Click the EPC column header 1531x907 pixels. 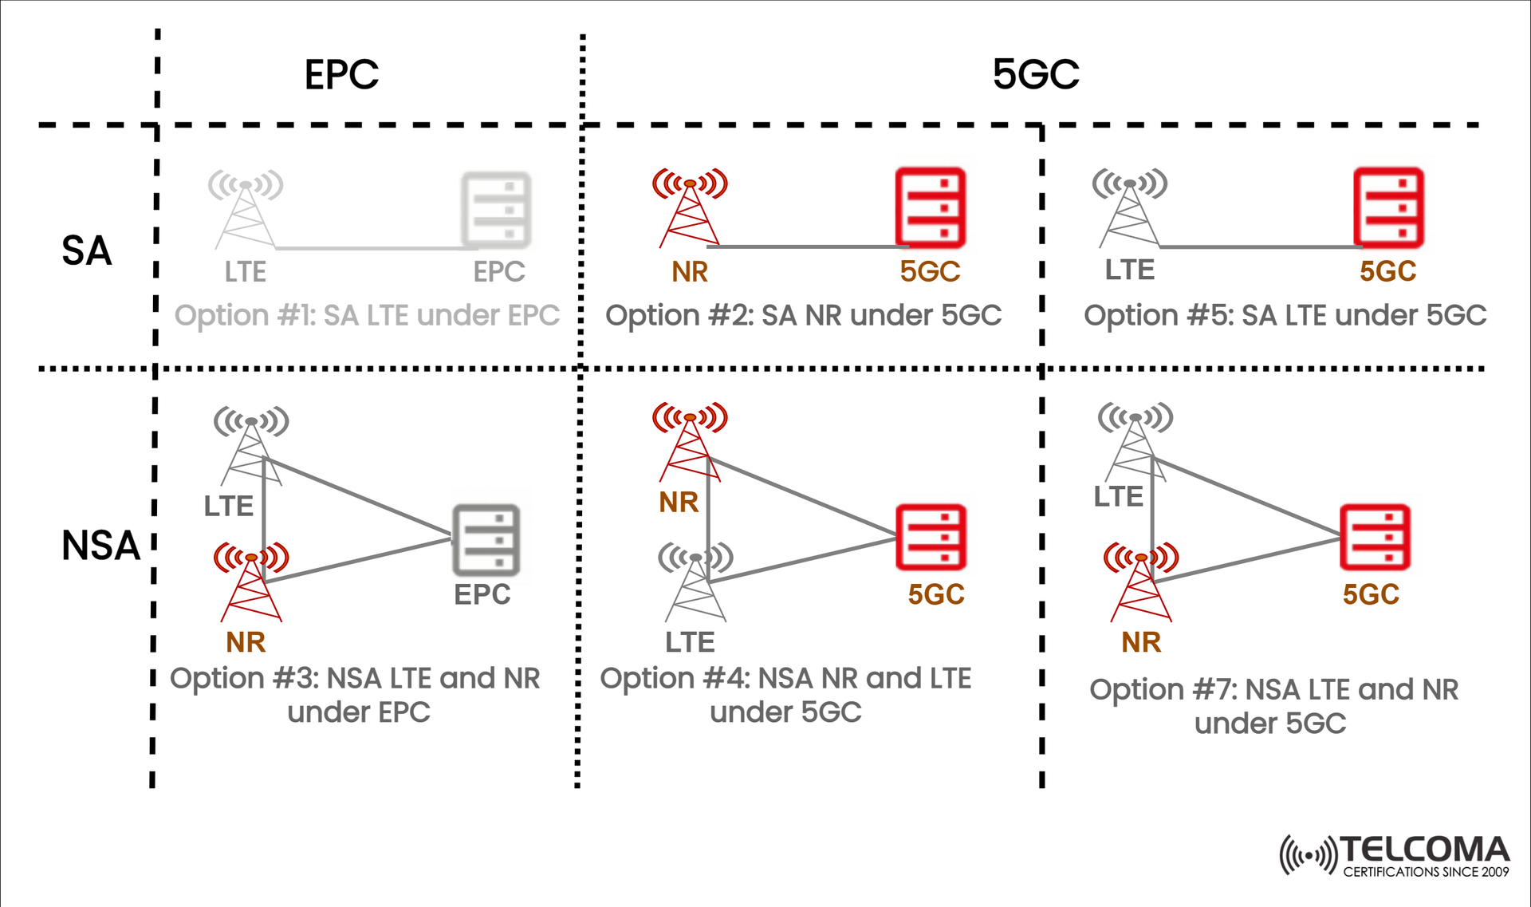coord(341,75)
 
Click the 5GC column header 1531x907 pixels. coord(1035,75)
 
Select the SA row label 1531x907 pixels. coord(86,250)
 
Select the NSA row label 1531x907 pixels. coord(100,546)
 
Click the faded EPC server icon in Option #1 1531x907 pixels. coord(496,210)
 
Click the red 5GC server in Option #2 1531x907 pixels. coord(930,207)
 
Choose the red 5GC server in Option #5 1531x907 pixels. coord(1388,207)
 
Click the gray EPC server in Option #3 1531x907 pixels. coord(486,539)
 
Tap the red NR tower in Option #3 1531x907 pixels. coord(251,582)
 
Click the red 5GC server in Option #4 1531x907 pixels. coord(930,537)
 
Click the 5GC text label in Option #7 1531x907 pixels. coord(1371,594)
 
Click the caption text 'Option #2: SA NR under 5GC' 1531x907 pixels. coord(803,315)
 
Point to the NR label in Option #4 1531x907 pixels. coord(679,503)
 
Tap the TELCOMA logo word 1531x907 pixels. coord(1424,850)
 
